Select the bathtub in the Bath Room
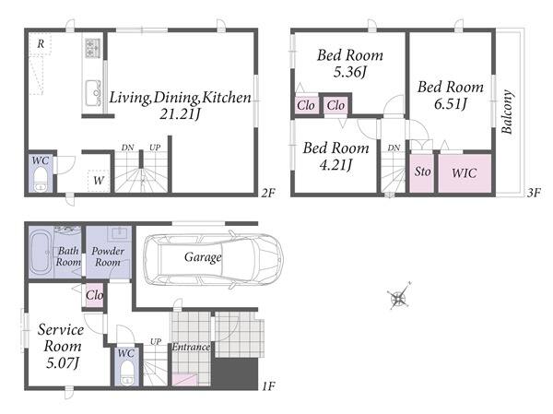point(41,252)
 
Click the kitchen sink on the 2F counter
point(93,93)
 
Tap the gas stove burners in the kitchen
point(93,48)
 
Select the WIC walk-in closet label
point(465,173)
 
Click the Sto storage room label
point(422,172)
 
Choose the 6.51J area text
point(451,104)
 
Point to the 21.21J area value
point(180,114)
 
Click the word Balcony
point(507,112)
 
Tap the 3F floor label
point(534,193)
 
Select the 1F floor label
point(268,386)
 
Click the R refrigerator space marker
point(41,43)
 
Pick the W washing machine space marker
point(99,181)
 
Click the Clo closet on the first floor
point(95,295)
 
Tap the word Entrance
point(191,347)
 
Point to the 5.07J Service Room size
point(63,362)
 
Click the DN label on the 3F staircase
point(394,148)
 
